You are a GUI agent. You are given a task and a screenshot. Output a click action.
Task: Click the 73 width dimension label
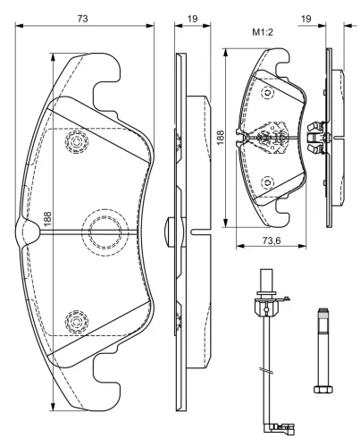pos(82,18)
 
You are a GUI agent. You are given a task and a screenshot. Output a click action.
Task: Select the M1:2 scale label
pos(262,34)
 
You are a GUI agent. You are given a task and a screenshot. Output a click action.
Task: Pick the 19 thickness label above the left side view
pos(192,18)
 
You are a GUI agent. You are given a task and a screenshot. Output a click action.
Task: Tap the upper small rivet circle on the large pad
pos(76,142)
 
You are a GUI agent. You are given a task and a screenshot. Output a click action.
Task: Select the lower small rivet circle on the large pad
pos(76,318)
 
